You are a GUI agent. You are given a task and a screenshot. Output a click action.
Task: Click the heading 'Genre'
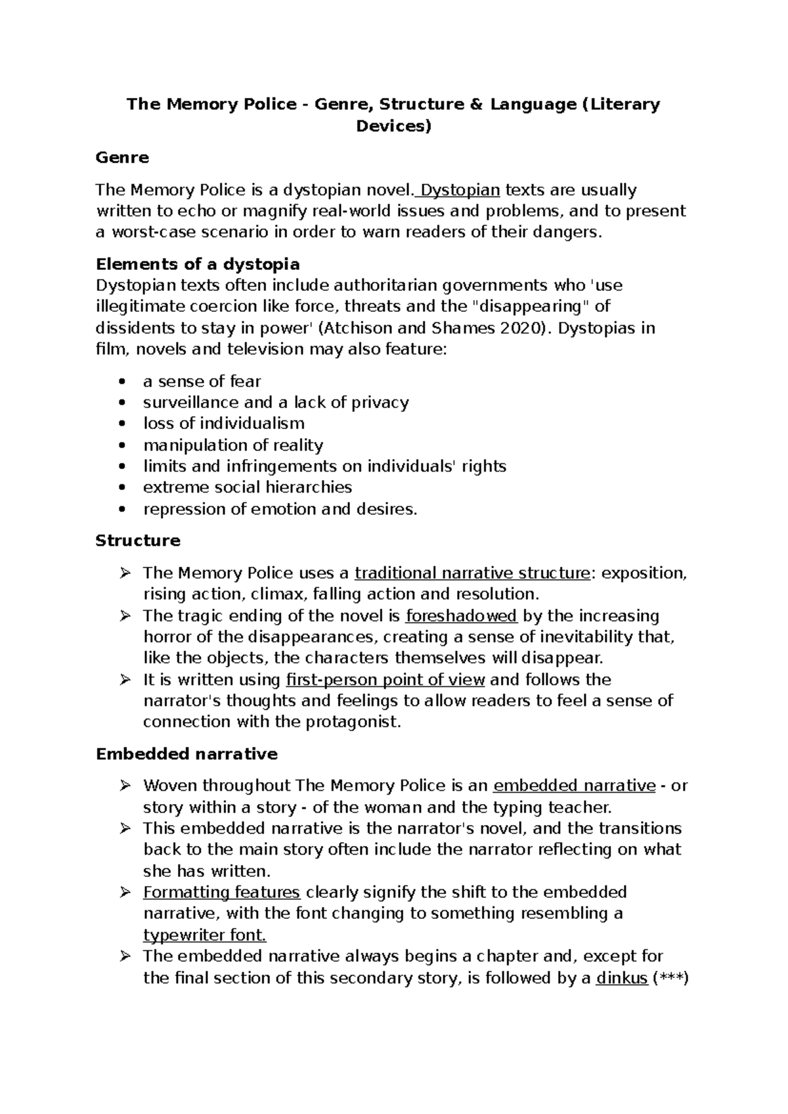[x=122, y=158]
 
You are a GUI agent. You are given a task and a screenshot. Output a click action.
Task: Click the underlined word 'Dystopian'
[x=460, y=190]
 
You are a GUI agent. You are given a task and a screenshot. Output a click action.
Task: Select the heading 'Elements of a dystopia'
[x=198, y=264]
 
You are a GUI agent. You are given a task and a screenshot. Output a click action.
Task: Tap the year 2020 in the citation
[x=522, y=328]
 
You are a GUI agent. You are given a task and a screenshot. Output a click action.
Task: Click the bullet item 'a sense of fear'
[x=202, y=382]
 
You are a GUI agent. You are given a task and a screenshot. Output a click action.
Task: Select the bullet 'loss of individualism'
[x=224, y=424]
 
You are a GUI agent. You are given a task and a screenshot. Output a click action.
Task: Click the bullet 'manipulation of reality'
[x=233, y=445]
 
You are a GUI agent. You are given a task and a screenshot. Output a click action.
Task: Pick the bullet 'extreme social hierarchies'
[x=248, y=487]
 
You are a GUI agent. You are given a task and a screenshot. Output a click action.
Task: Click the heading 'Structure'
[x=138, y=541]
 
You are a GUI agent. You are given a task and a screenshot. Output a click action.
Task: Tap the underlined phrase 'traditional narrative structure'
[x=472, y=573]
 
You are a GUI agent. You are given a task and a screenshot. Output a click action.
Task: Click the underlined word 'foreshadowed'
[x=462, y=616]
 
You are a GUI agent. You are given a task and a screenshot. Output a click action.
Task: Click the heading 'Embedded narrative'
[x=186, y=754]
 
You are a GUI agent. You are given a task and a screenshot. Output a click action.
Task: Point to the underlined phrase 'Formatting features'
[x=221, y=893]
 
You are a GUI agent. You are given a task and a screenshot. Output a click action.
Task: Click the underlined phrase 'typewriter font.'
[x=204, y=935]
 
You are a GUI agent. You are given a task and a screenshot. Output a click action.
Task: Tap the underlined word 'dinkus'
[x=622, y=978]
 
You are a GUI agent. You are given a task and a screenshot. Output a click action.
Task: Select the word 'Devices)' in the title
[x=393, y=126]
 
